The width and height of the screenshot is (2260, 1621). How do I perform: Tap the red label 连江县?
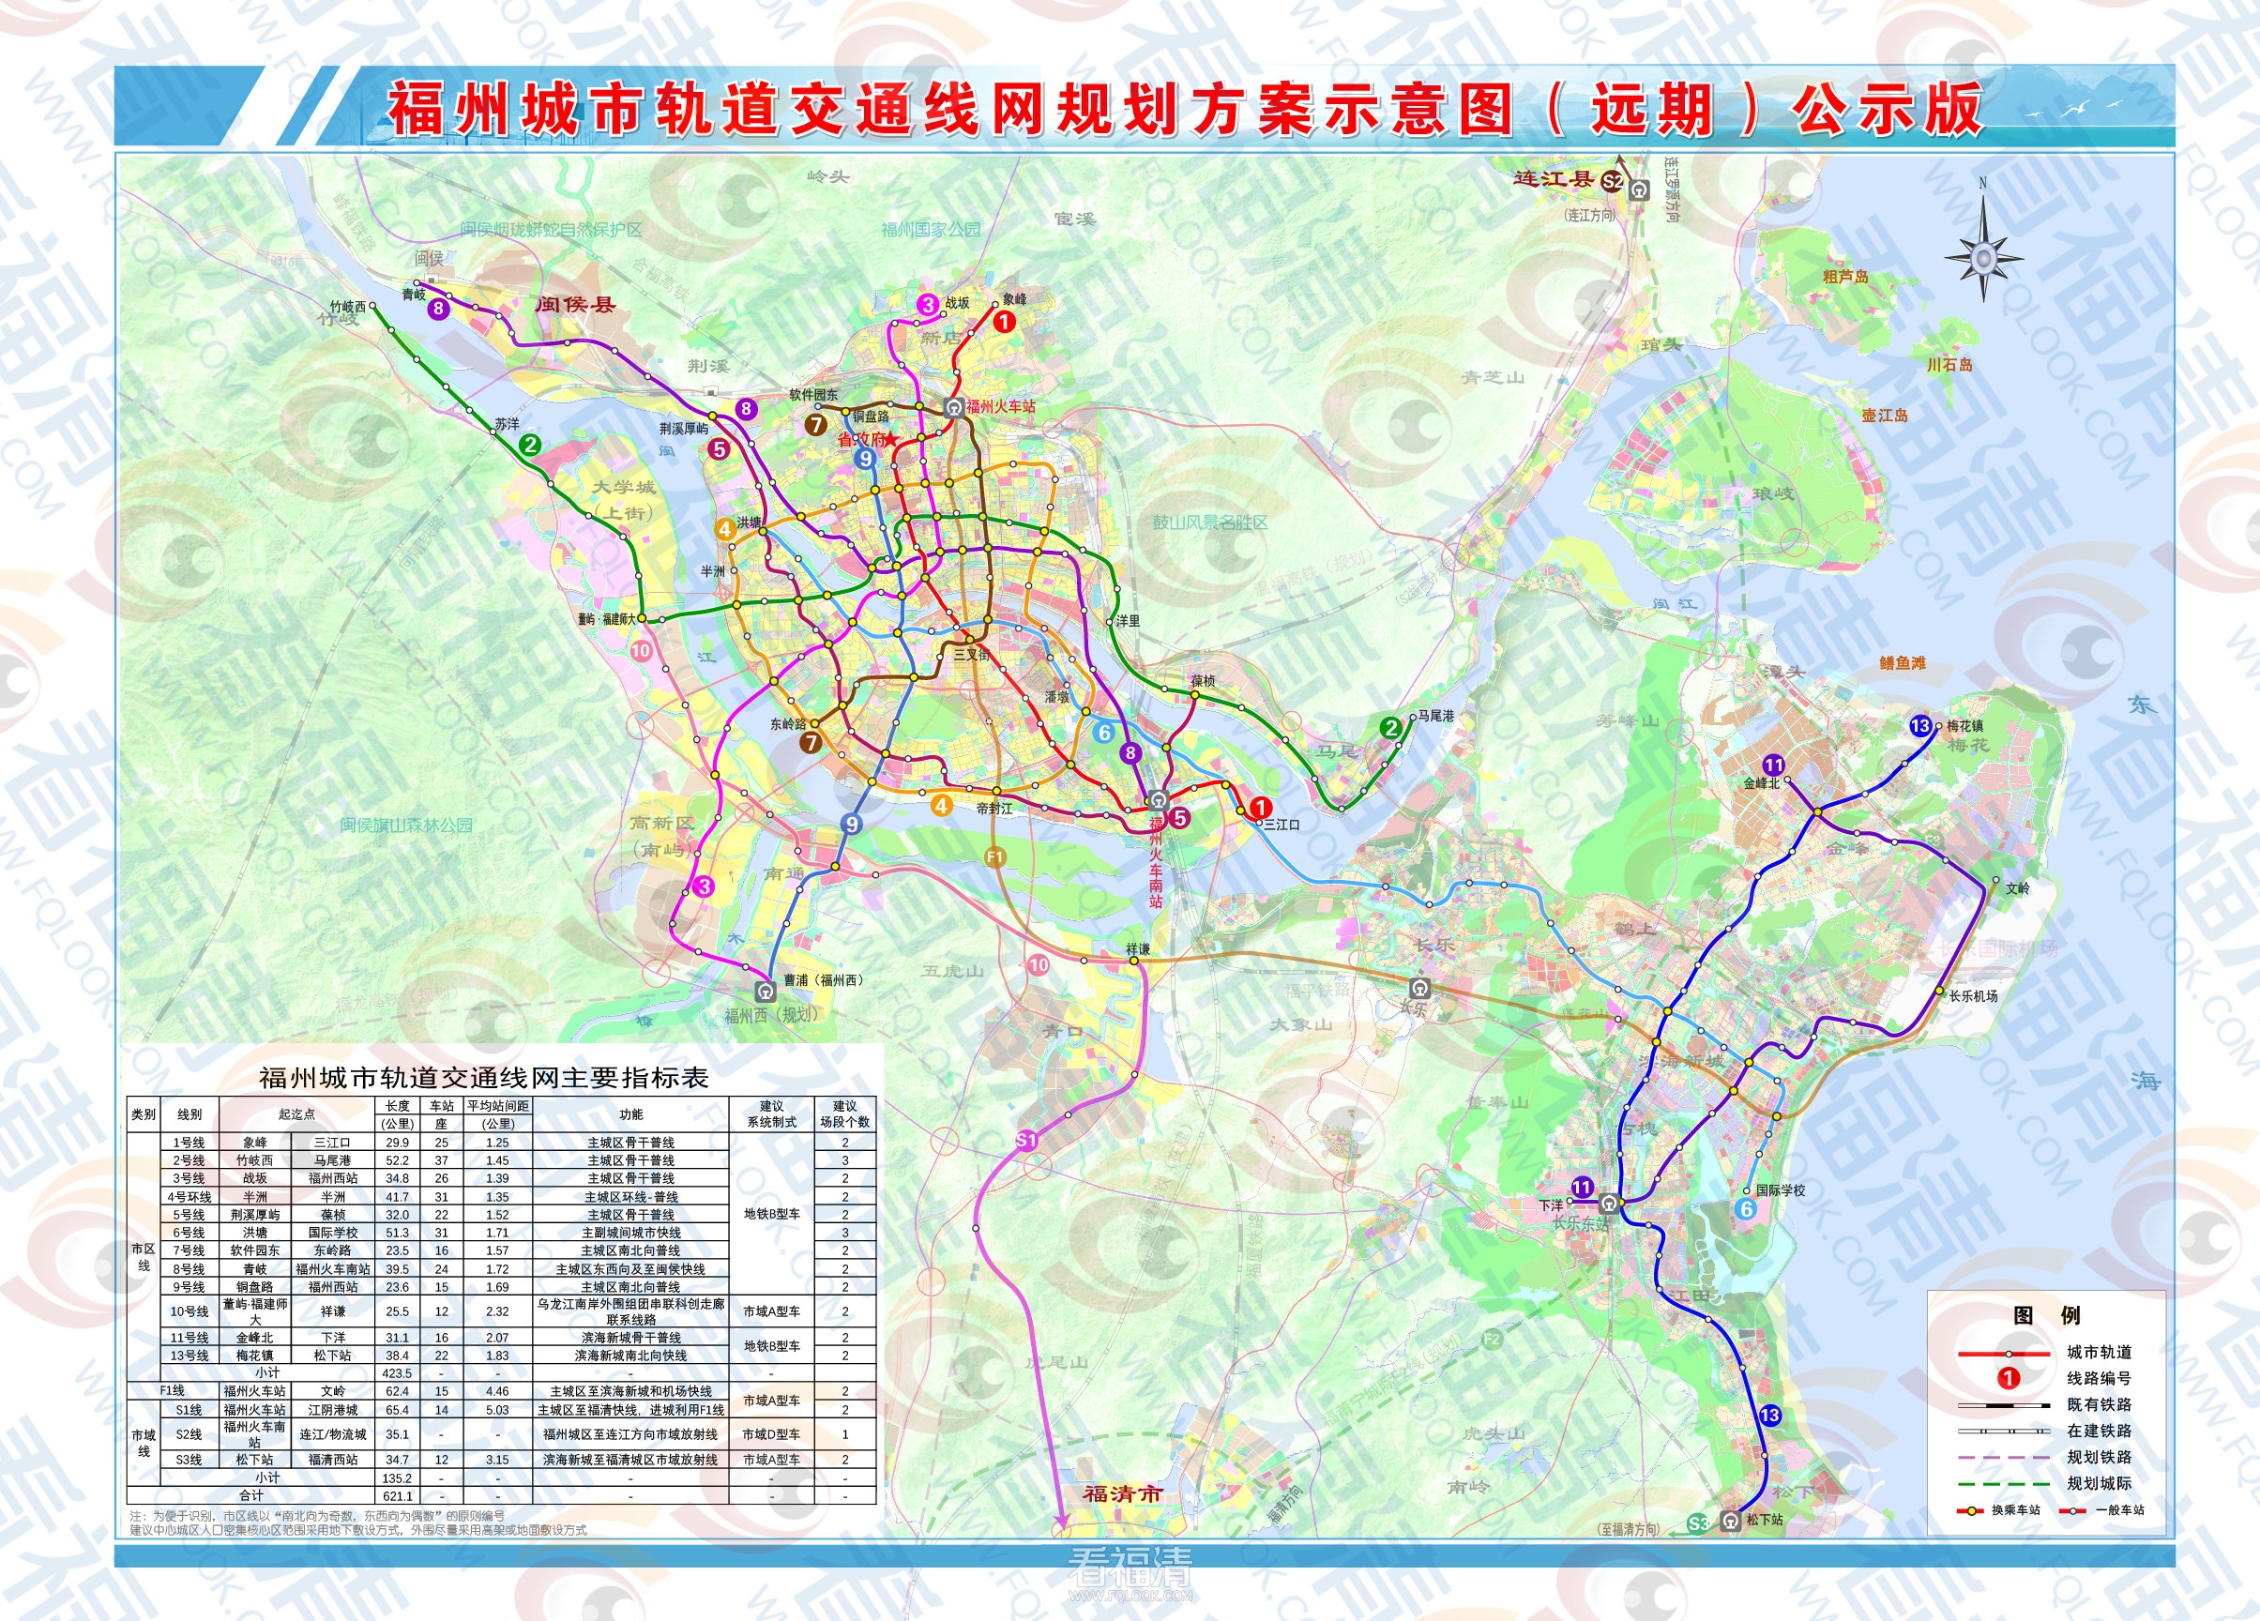click(x=1554, y=179)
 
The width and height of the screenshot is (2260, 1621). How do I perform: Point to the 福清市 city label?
click(x=1122, y=1493)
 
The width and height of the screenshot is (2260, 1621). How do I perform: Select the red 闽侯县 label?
click(x=575, y=305)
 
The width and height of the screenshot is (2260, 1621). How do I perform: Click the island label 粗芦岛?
click(x=1845, y=277)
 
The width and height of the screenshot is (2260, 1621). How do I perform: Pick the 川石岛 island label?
click(x=1949, y=365)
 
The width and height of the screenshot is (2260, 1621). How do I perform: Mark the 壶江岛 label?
click(x=1885, y=416)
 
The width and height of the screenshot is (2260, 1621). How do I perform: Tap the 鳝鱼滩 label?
click(x=1903, y=662)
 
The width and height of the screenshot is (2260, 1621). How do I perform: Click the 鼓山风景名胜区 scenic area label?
click(x=1209, y=523)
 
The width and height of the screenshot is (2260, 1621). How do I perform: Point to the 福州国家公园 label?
click(x=931, y=229)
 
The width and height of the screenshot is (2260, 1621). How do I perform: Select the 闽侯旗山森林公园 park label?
click(x=406, y=825)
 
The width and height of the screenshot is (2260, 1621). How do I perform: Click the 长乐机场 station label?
click(x=1973, y=995)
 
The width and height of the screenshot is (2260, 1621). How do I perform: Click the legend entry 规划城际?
click(x=2099, y=1482)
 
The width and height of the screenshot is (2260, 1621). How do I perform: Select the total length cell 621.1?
click(x=397, y=1495)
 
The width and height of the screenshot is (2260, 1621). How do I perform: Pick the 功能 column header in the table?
click(x=630, y=1113)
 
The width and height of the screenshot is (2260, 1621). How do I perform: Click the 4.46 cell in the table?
click(x=497, y=1391)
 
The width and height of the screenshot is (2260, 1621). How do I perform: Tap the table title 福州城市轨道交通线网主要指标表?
click(x=483, y=1077)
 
